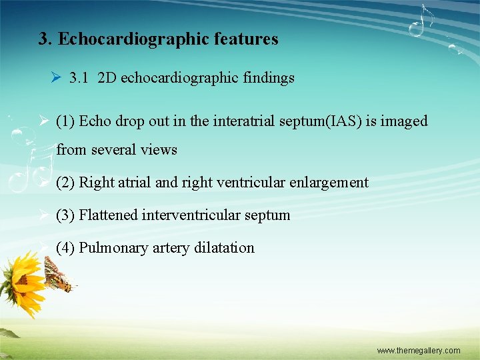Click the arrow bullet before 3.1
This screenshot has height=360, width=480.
click(x=56, y=78)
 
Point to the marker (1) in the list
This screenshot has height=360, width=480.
click(x=65, y=121)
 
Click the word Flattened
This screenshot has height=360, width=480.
click(x=108, y=215)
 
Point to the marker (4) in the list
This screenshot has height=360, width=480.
click(x=65, y=248)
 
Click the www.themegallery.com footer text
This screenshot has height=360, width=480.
click(x=418, y=351)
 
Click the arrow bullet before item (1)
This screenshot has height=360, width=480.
click(x=43, y=121)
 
